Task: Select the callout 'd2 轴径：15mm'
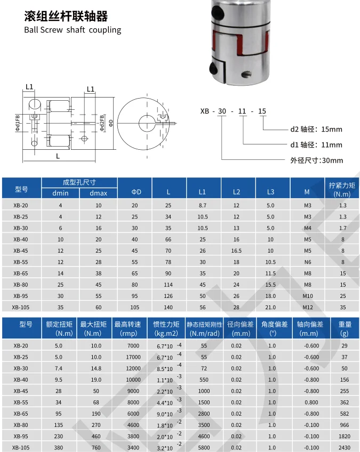tap(316, 129)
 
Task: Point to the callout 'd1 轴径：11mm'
tap(316, 144)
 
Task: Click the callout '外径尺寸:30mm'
tap(316, 160)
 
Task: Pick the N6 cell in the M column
tap(308, 262)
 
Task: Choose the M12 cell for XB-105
tap(308, 307)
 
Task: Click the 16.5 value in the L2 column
tap(236, 251)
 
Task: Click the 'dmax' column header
tap(98, 193)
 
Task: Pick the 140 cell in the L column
tap(169, 307)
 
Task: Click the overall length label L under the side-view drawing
tap(57, 156)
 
